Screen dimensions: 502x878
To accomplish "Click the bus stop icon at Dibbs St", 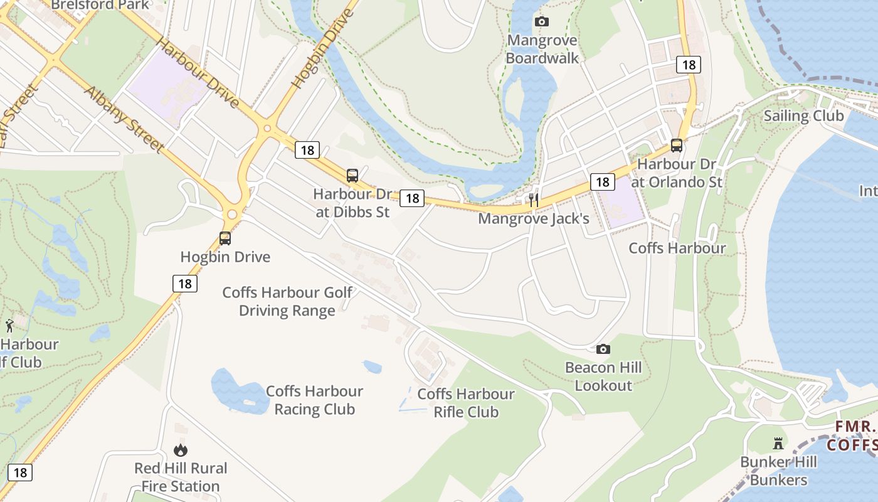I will (352, 176).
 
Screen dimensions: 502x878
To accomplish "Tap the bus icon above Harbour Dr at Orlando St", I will (677, 146).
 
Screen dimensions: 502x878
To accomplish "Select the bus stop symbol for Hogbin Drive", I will (225, 238).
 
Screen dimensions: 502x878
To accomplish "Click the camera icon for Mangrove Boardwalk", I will (542, 22).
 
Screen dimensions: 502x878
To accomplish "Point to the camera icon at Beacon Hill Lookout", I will (603, 350).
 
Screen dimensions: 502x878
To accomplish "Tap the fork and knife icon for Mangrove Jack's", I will (534, 200).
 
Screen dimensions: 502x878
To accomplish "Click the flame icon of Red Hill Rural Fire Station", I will (181, 450).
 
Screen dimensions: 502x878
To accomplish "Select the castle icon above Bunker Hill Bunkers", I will (778, 444).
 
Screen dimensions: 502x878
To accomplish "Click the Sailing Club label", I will (803, 116).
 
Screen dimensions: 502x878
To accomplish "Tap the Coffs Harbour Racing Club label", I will (314, 400).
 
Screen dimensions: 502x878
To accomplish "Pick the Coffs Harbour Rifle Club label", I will (466, 403).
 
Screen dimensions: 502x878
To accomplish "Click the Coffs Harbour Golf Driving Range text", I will (287, 302).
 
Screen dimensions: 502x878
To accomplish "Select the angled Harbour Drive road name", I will (197, 72).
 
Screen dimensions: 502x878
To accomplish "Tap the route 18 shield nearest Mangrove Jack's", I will (602, 182).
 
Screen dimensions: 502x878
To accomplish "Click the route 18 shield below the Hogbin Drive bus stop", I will (185, 284).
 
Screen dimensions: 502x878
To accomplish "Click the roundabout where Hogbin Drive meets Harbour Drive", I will (267, 129).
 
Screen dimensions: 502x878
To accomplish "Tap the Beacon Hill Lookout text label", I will (603, 376).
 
